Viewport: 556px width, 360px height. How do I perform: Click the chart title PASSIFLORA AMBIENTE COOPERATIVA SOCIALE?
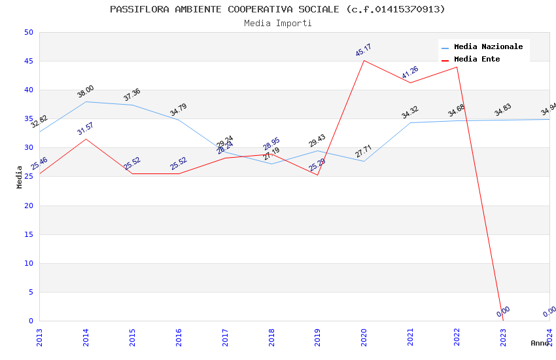(277, 9)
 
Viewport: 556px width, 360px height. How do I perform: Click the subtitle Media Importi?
(278, 24)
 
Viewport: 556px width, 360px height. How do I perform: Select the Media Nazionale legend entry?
(488, 47)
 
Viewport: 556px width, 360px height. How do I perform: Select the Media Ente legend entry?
(477, 60)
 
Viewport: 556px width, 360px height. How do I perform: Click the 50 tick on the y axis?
(27, 33)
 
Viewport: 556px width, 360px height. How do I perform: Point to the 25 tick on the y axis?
(27, 177)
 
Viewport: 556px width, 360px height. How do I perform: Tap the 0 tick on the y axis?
(30, 321)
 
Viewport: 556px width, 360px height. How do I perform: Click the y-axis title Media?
(20, 177)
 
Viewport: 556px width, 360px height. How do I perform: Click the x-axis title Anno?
(540, 343)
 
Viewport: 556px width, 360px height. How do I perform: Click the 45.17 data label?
(364, 50)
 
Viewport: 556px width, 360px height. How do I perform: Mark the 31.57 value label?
(86, 128)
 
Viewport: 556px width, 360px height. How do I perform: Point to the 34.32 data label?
(410, 113)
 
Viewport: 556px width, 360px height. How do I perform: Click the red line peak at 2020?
(364, 60)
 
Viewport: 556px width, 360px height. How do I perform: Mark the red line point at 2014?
(86, 139)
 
